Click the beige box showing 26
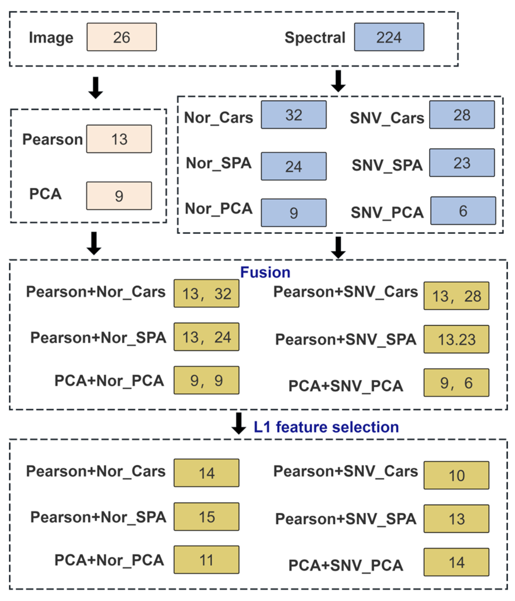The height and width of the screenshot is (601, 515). click(121, 37)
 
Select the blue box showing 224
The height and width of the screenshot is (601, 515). click(389, 37)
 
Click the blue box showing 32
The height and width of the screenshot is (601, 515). click(294, 115)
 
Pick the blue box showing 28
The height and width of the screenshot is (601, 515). click(462, 115)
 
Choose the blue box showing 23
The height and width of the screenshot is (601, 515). click(462, 163)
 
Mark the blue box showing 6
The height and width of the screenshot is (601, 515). click(463, 211)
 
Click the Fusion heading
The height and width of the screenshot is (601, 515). click(265, 272)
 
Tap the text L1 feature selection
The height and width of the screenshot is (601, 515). click(326, 427)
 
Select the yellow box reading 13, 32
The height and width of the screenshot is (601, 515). click(207, 293)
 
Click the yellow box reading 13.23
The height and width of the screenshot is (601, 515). click(456, 339)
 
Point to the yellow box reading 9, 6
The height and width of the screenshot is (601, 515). click(456, 383)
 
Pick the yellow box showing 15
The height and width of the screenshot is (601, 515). click(207, 517)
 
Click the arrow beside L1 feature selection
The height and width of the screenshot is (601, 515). click(239, 424)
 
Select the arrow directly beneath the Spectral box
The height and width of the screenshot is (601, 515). click(338, 81)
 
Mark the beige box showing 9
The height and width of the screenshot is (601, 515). click(119, 196)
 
